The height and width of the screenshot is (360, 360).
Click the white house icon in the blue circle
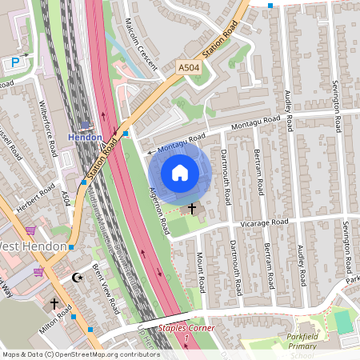[180, 172]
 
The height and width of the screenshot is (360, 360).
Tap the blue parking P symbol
[14, 62]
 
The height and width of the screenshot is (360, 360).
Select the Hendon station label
[85, 137]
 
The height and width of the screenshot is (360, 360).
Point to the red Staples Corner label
[186, 328]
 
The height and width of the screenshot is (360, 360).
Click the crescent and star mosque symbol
[78, 277]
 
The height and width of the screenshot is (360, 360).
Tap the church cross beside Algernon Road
[192, 208]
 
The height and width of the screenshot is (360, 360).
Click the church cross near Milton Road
[55, 304]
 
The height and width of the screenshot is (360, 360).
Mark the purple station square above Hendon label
[85, 125]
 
